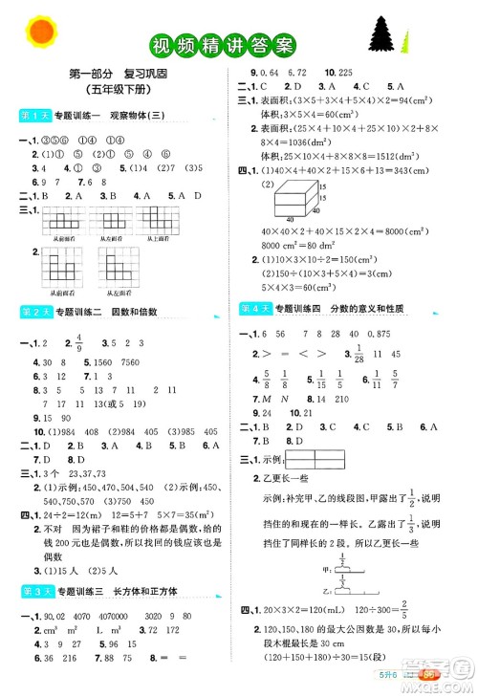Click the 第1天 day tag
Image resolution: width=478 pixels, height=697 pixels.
pyautogui.click(x=33, y=116)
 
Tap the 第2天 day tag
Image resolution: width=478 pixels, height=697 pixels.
pyautogui.click(x=33, y=311)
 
